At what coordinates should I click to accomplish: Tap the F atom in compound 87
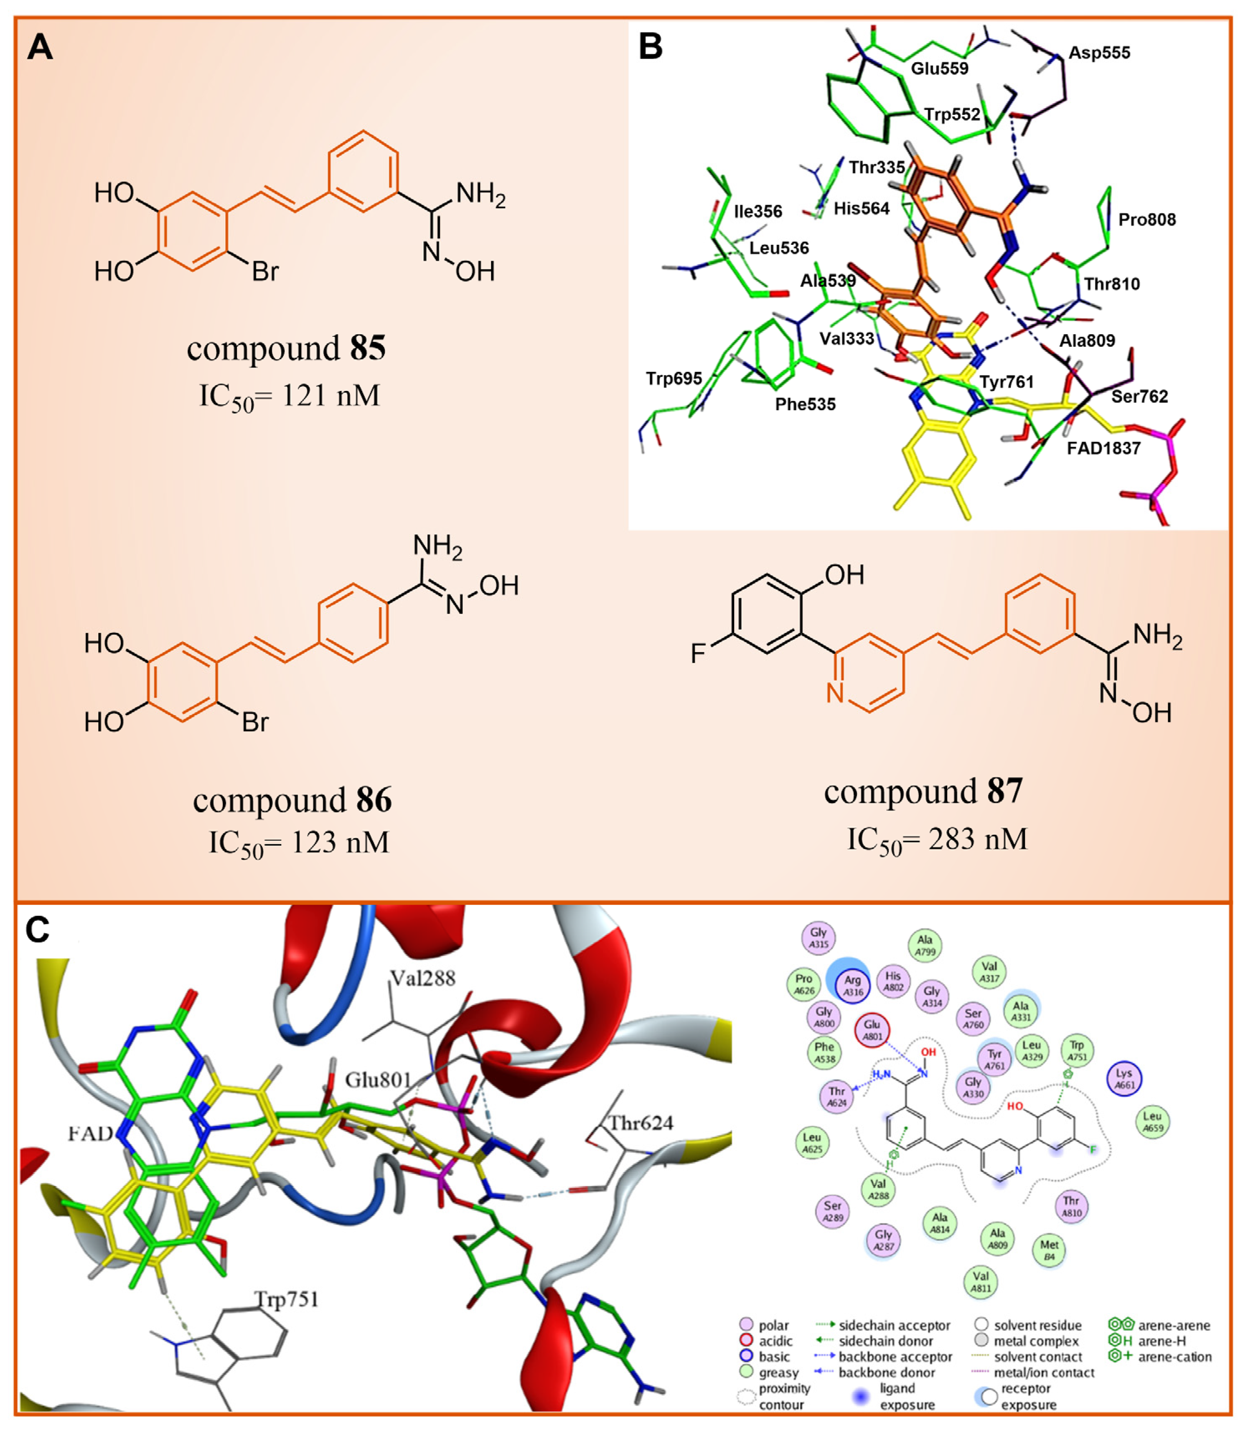(698, 653)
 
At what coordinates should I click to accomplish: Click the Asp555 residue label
(1099, 53)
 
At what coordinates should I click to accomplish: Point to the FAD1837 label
(1103, 448)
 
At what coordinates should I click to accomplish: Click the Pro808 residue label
(1146, 220)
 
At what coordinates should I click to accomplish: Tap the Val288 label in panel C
(422, 978)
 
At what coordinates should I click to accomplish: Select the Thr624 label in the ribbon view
(641, 1123)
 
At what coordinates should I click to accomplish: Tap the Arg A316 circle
(852, 985)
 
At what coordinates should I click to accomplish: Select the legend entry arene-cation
(1174, 1357)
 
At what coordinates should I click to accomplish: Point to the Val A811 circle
(981, 1282)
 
